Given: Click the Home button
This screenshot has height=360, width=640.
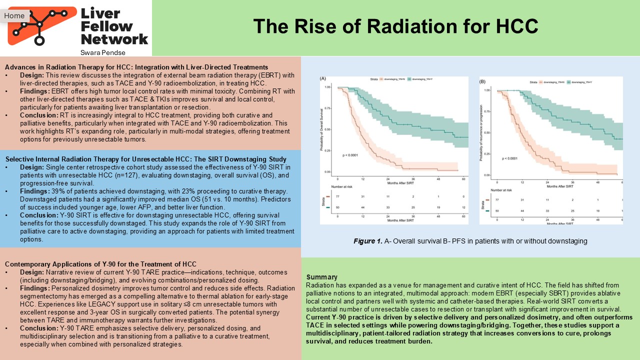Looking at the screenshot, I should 14,15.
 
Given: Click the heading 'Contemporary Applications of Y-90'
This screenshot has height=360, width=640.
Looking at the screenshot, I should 100,264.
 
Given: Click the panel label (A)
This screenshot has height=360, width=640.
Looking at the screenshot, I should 323,78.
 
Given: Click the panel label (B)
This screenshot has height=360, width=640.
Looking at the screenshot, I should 482,81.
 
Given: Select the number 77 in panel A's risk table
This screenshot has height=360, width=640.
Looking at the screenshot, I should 337,197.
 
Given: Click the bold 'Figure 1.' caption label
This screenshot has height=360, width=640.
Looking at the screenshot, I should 368,241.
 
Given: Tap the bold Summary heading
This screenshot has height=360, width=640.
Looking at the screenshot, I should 321,277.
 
